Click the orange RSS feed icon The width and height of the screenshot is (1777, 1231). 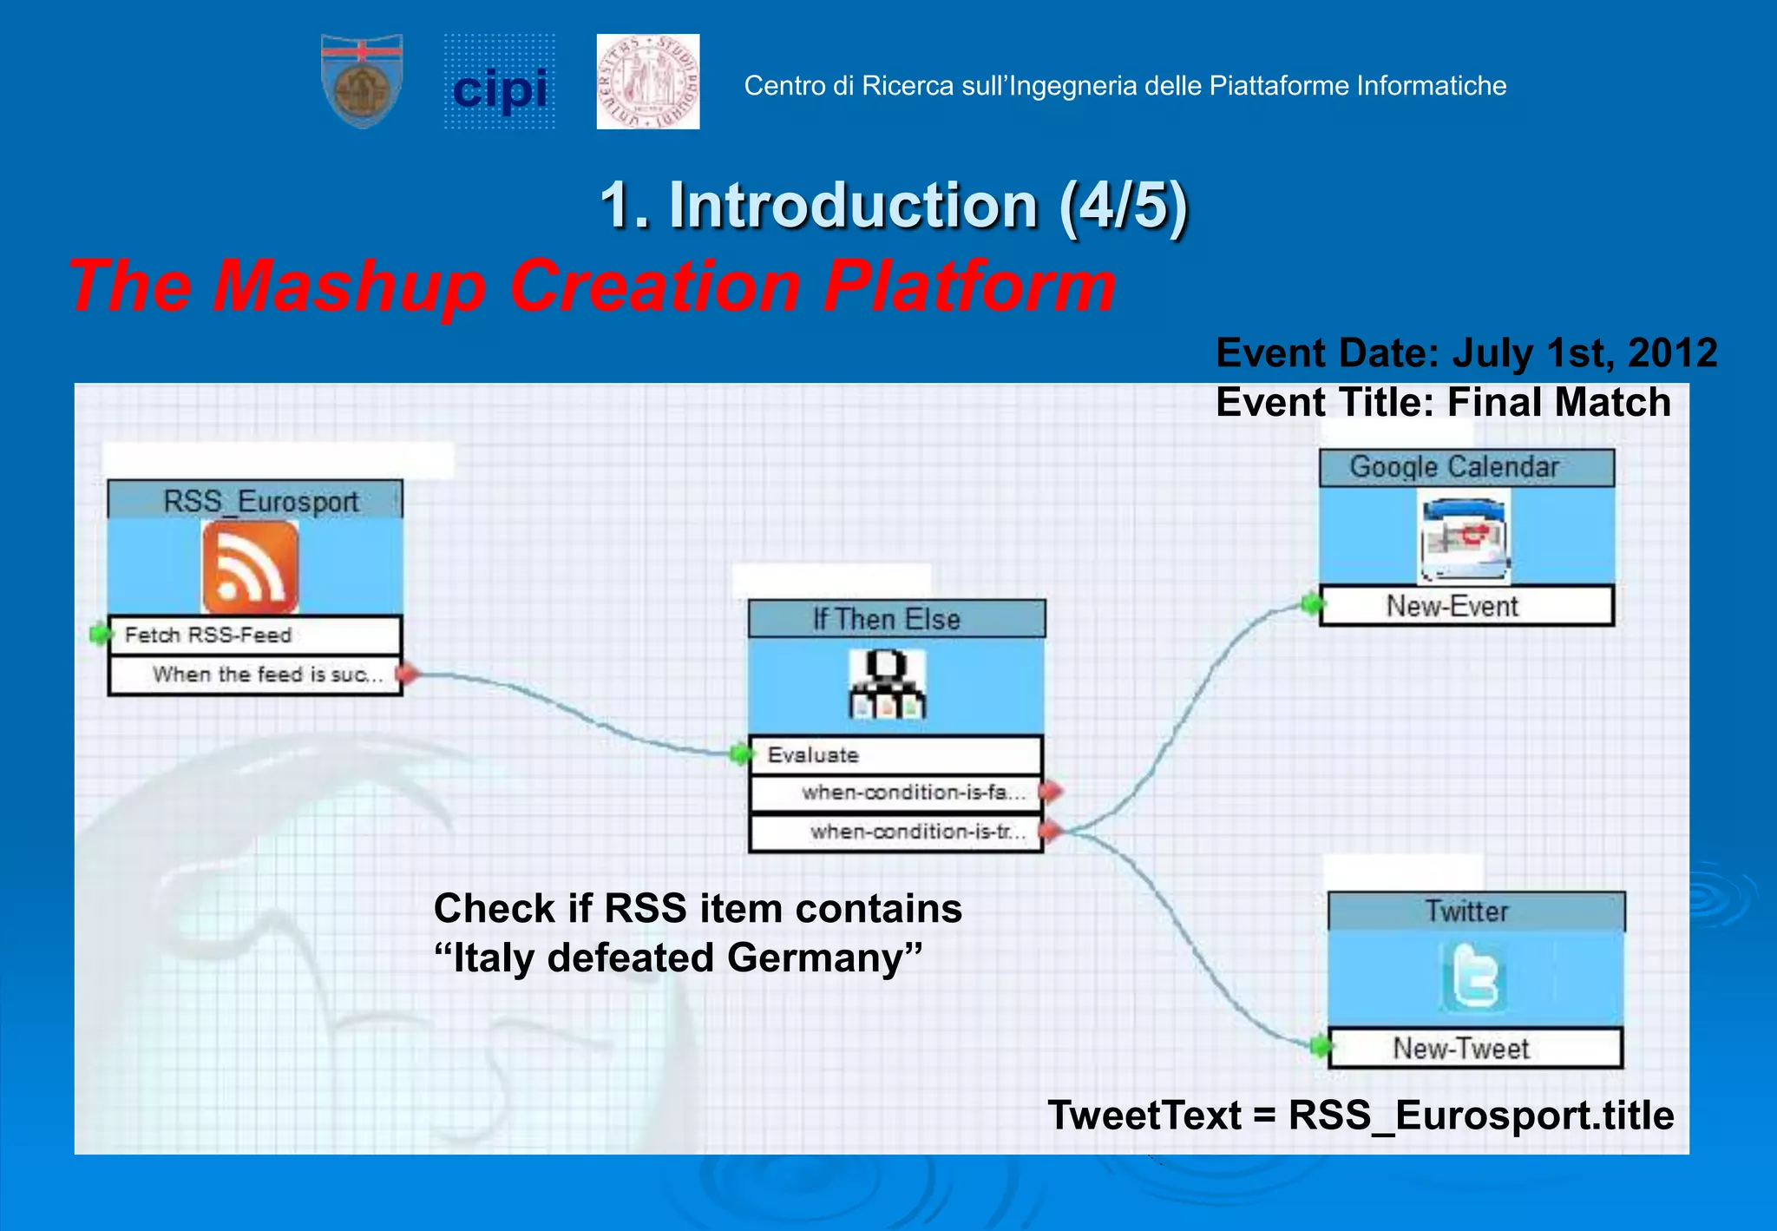point(250,568)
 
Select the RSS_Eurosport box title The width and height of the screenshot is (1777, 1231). point(260,501)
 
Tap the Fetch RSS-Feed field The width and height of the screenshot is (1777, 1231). point(255,635)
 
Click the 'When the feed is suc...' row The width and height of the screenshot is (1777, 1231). point(255,675)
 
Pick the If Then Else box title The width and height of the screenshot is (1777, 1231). point(887,619)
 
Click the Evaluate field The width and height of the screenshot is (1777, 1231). point(895,754)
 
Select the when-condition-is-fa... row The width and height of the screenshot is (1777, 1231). point(895,793)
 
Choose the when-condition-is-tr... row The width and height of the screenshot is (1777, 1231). point(895,832)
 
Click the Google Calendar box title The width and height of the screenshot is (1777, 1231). point(1454,467)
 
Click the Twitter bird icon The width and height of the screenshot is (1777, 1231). point(1473,978)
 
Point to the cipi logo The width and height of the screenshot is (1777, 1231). point(500,84)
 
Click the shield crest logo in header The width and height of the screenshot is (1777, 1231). point(362,82)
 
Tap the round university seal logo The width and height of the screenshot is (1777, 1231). point(648,82)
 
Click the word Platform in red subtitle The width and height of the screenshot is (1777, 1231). point(969,286)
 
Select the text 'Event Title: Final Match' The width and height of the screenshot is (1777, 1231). point(1442,403)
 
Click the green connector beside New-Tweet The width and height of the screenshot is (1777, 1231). point(1319,1046)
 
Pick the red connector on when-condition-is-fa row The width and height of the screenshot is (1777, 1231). point(1051,791)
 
